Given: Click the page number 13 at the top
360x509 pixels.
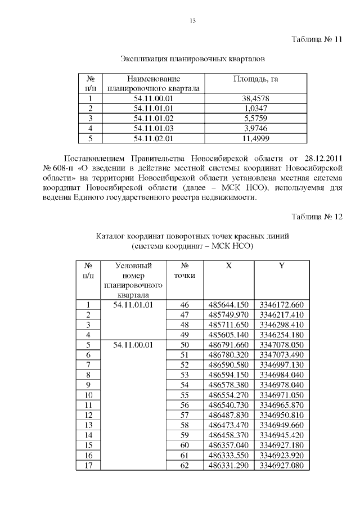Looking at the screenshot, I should (193, 21).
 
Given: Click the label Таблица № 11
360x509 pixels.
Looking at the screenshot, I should (316, 40).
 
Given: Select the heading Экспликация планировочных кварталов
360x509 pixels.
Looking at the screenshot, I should (193, 58).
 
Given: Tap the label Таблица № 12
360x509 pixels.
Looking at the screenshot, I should (316, 217).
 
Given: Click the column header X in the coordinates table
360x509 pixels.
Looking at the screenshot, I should (228, 265).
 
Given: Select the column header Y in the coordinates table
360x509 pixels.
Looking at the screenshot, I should (281, 265).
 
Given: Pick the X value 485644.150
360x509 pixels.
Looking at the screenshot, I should (228, 305).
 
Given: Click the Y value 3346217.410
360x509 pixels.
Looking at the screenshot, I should (281, 315).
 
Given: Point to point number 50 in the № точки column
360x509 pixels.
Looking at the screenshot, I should (184, 345).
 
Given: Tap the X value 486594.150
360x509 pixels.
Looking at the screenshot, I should (228, 375).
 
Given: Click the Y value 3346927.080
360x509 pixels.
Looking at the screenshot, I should (281, 465).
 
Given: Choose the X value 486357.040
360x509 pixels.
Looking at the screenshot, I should (228, 445).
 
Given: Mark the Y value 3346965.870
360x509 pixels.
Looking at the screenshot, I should (281, 405).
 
